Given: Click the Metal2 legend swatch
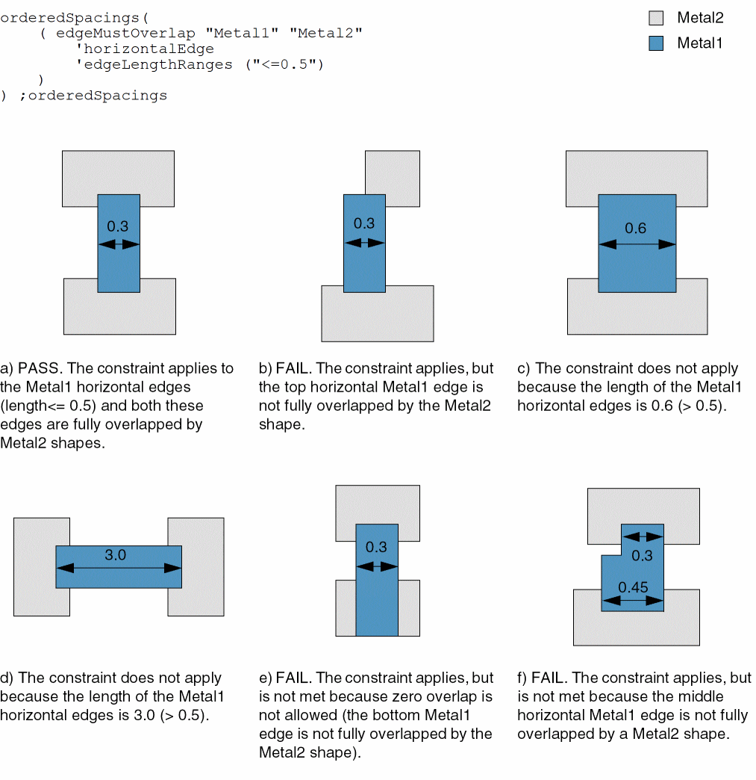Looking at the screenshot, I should [x=656, y=18].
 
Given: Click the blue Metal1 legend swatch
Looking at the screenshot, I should [x=656, y=43].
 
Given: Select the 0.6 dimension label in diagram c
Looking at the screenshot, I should [x=636, y=229].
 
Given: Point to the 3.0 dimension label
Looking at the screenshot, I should [x=115, y=555].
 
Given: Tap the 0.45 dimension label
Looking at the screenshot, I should [x=633, y=587].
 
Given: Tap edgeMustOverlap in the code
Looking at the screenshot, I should [x=125, y=33].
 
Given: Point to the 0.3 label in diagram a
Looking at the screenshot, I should [x=118, y=226].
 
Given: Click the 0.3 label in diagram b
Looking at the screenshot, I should [x=364, y=223].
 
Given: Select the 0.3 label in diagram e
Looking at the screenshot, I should [x=376, y=547].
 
